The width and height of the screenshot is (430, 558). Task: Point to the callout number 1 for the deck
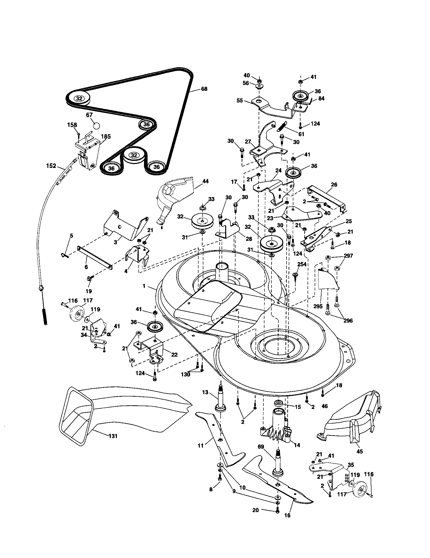point(144,286)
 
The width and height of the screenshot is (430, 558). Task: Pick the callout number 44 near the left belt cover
point(205,181)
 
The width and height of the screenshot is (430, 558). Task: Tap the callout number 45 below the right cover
point(359,451)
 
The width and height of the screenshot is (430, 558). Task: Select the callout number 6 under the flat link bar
point(86,267)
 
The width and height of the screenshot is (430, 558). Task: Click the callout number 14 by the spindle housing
point(297,445)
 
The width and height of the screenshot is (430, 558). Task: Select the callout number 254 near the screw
point(302,264)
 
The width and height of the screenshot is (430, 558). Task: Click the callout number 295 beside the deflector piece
point(318,306)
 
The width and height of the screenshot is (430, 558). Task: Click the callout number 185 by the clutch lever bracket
point(105,136)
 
